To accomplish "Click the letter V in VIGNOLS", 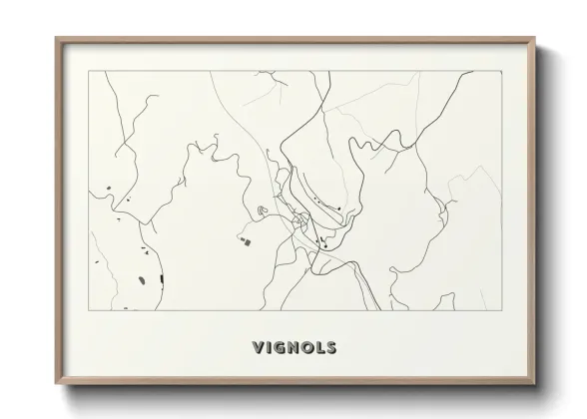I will click(x=258, y=348).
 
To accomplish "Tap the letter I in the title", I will click(x=270, y=348).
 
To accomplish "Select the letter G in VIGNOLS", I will click(x=280, y=348).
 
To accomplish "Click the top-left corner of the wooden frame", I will click(x=56, y=38).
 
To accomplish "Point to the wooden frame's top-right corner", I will click(x=537, y=38).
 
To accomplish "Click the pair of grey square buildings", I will click(x=244, y=237).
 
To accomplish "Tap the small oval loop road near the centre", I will click(x=262, y=210).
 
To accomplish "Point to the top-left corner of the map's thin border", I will click(x=90, y=70).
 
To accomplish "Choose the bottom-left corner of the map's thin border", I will click(x=90, y=310).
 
